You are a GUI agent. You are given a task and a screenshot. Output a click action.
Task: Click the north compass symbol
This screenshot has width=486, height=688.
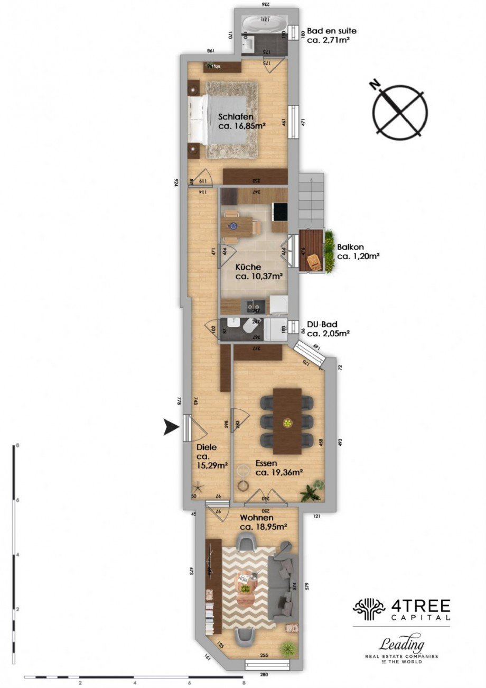400,111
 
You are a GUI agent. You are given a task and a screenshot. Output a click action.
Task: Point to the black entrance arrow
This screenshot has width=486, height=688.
171,427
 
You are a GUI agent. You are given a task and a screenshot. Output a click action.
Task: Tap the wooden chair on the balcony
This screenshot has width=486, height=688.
314,261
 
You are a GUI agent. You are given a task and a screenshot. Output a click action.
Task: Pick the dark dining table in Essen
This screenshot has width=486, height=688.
287,421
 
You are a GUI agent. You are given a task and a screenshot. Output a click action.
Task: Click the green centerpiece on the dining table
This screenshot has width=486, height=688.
287,423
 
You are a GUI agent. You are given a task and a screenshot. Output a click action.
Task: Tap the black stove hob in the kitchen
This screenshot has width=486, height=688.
279,211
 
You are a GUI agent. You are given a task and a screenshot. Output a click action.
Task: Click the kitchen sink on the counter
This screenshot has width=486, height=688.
254,306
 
